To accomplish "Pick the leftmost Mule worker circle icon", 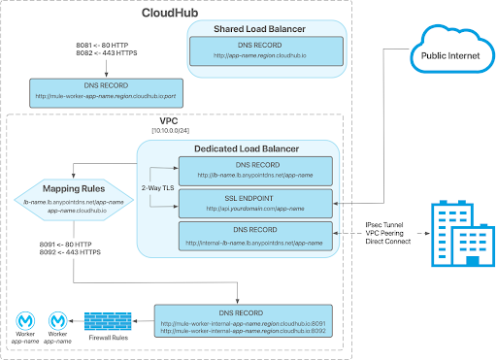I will pos(22,318).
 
